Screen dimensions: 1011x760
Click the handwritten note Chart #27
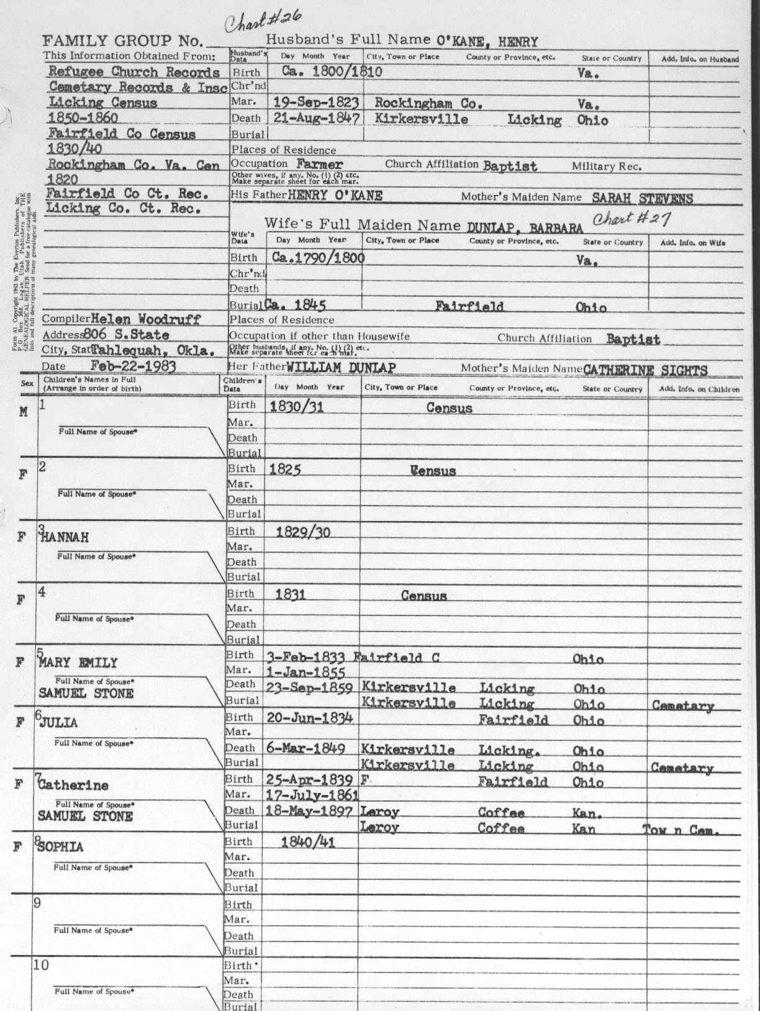pos(630,219)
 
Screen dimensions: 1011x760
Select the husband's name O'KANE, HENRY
pos(487,42)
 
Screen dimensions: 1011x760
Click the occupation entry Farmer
pos(319,165)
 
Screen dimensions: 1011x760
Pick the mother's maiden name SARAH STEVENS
pos(642,198)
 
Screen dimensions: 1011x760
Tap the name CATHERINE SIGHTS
pos(645,370)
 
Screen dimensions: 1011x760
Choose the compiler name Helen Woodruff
pos(145,319)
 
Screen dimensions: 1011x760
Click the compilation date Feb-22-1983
pos(133,366)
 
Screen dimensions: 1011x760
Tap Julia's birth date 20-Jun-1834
pos(310,718)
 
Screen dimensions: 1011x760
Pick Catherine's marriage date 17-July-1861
pos(312,795)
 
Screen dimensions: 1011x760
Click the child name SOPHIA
pos(61,848)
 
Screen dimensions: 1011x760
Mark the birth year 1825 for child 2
pos(285,469)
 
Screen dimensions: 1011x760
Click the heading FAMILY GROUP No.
pos(122,42)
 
